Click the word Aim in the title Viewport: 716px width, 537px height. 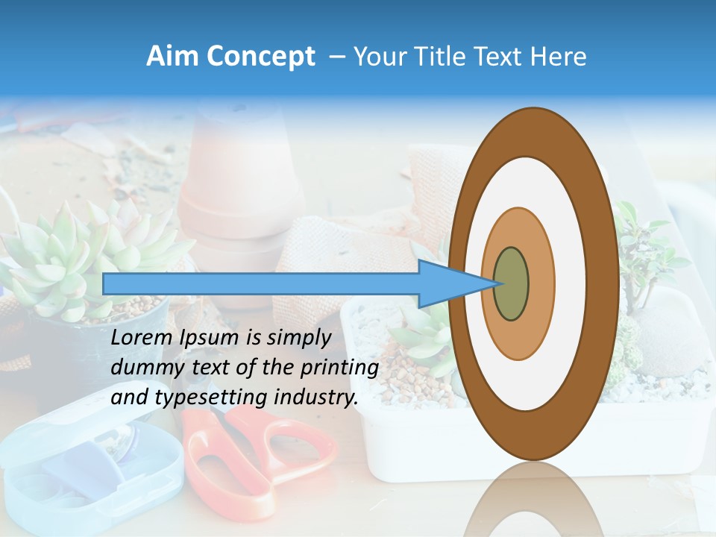click(x=170, y=57)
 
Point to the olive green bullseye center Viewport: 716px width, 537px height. click(x=512, y=284)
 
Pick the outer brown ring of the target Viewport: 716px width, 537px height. click(x=601, y=284)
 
